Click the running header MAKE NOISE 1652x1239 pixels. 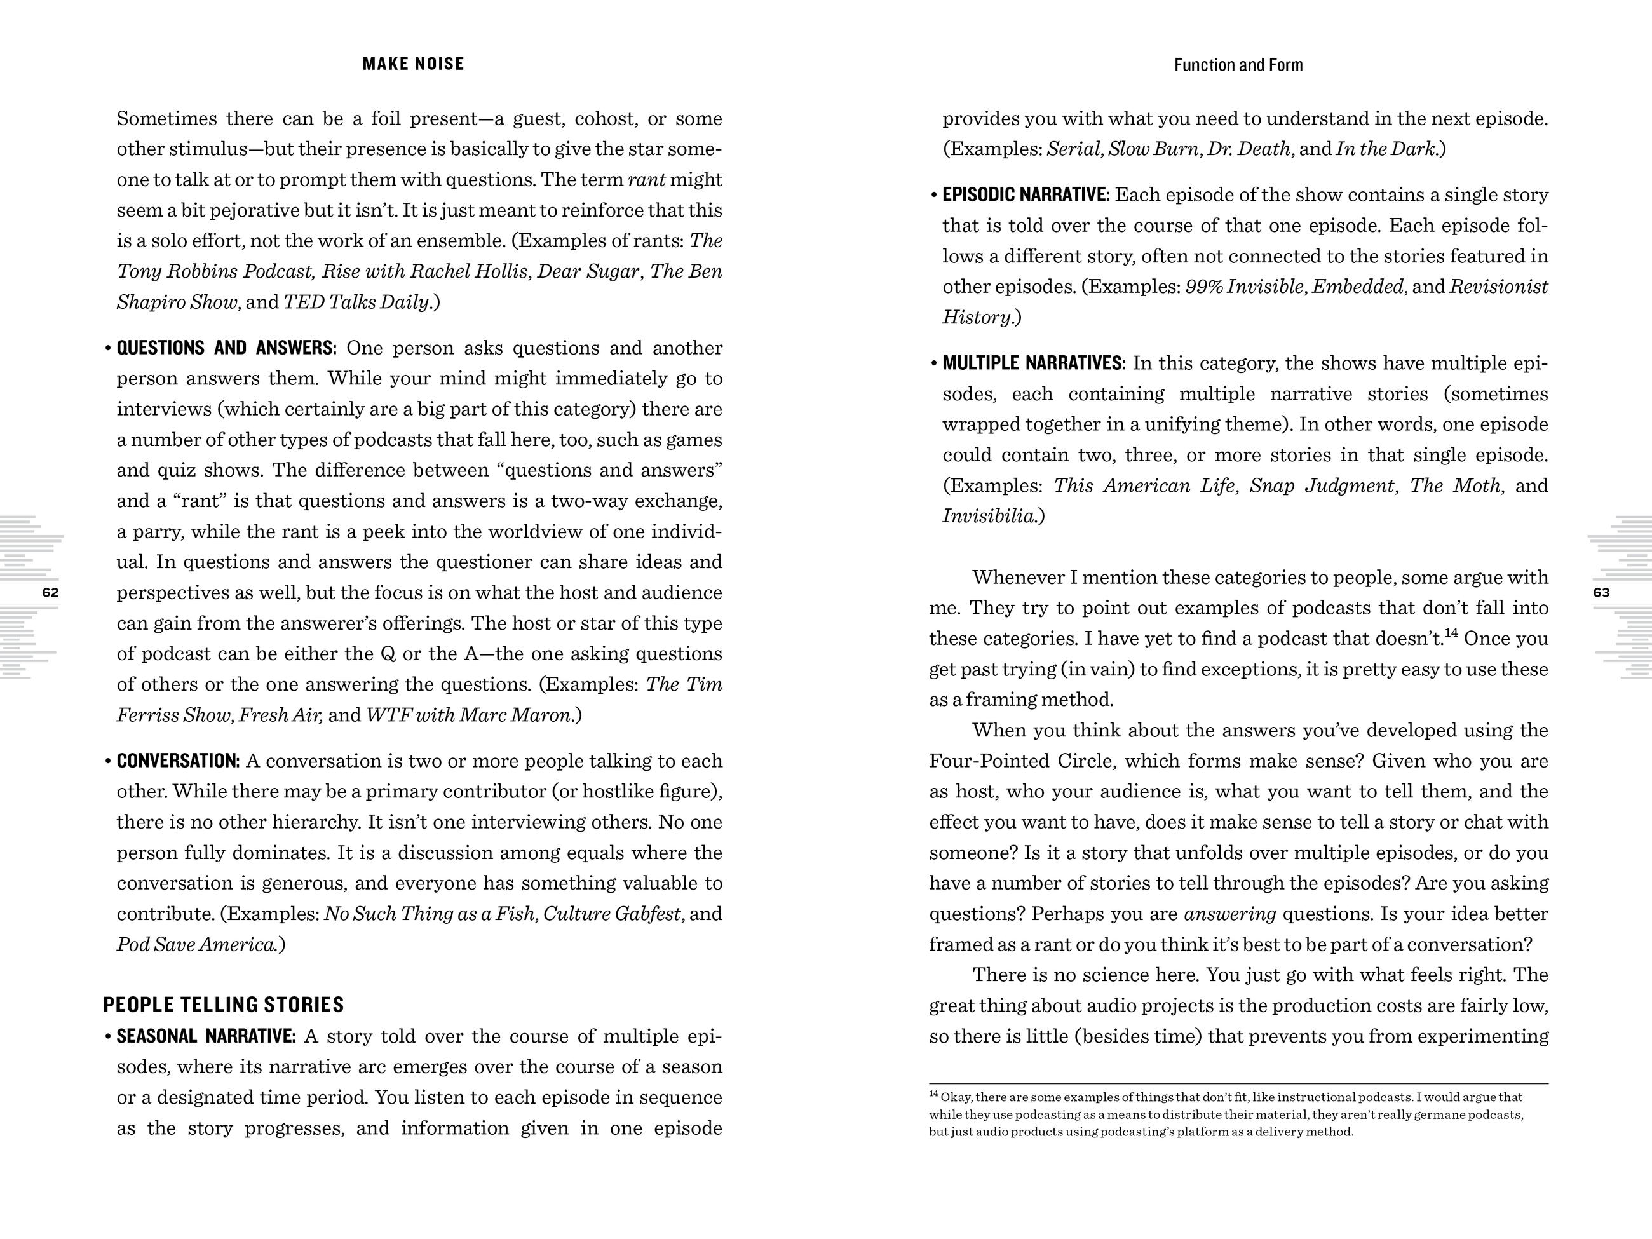click(x=413, y=64)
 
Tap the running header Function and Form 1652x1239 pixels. click(x=1238, y=65)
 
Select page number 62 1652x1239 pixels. click(x=50, y=593)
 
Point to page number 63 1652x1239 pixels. click(x=1601, y=593)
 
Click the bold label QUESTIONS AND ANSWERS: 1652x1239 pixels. click(x=226, y=348)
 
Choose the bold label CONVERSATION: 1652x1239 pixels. click(x=178, y=761)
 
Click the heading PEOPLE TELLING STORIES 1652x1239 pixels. click(x=223, y=1005)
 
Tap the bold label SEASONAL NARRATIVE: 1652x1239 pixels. click(x=206, y=1036)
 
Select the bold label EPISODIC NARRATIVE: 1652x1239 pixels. click(x=1026, y=195)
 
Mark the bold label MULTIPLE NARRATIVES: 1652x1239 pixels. click(x=1033, y=363)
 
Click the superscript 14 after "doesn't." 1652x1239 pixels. click(x=1451, y=633)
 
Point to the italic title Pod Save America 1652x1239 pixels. click(x=197, y=945)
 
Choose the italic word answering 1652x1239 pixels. click(x=1229, y=914)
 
